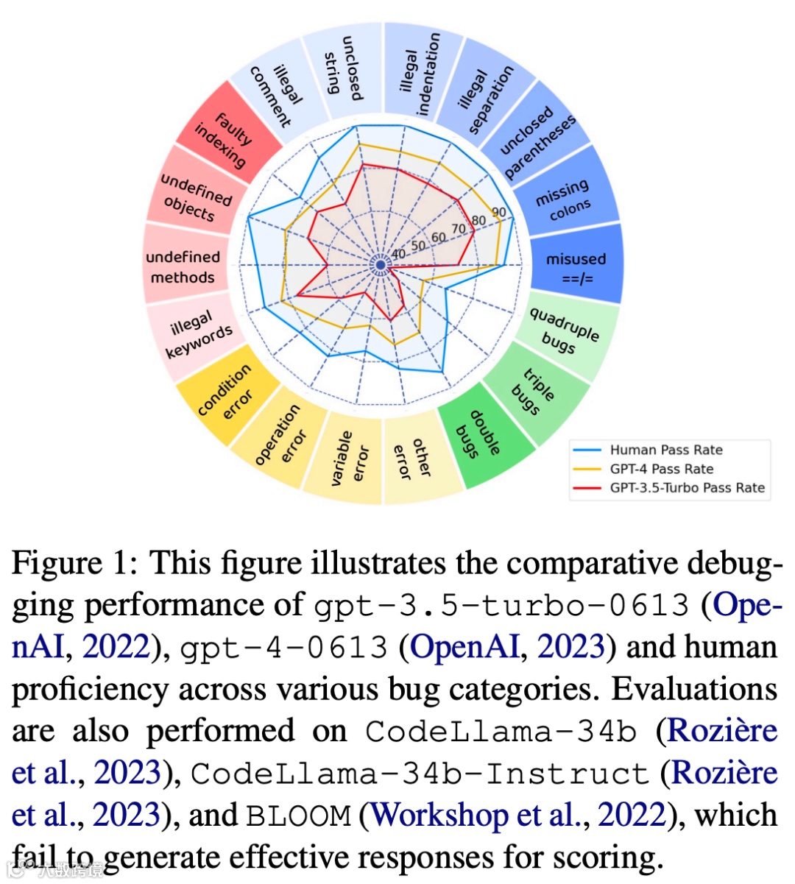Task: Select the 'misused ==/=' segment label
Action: [x=576, y=269]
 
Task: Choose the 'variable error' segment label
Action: [x=350, y=459]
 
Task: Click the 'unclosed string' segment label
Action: [x=343, y=68]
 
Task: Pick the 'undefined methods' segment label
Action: [x=182, y=266]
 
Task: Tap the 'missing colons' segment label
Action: [x=564, y=199]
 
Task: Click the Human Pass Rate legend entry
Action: [x=665, y=450]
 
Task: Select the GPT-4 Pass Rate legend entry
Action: [x=661, y=469]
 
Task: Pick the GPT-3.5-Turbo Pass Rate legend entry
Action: [x=687, y=487]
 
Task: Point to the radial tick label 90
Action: [x=499, y=213]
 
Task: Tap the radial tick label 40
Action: [x=398, y=254]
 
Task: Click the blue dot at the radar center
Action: [x=381, y=265]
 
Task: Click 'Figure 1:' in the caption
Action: [x=74, y=564]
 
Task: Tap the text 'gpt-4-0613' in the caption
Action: [x=284, y=648]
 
